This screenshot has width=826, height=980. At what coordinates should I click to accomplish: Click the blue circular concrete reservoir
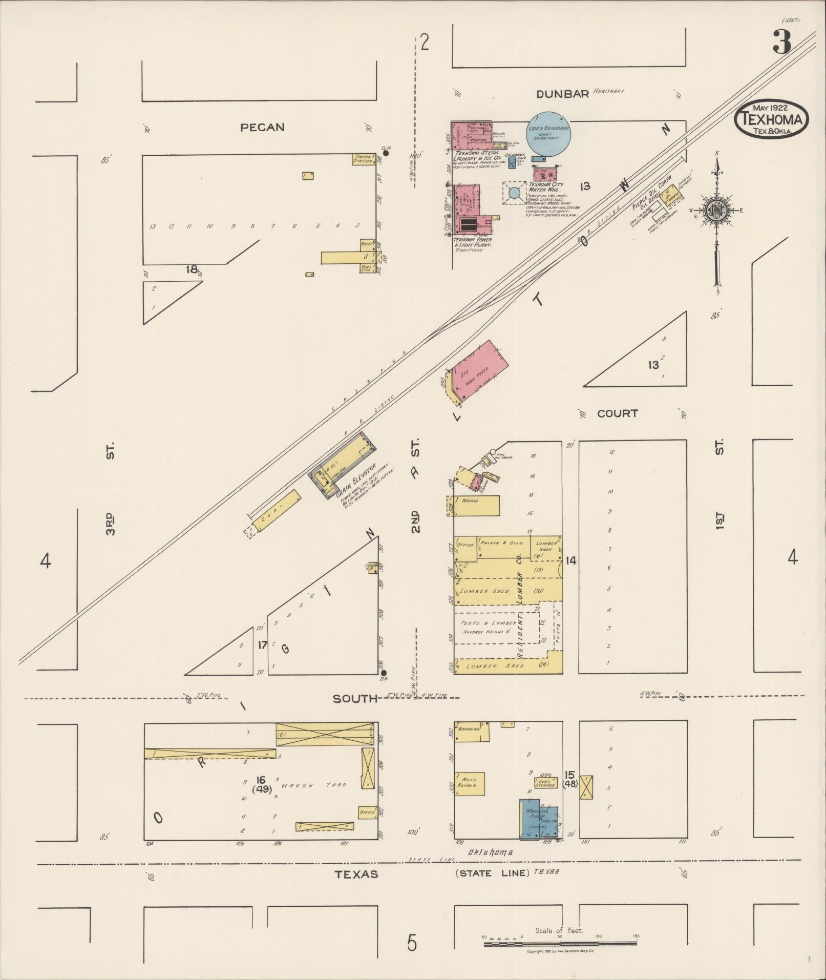[x=548, y=135]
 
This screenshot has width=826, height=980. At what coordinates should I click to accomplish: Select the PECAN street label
[x=262, y=128]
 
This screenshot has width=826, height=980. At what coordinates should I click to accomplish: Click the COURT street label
[x=617, y=413]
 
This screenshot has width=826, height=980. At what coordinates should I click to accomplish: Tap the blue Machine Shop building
[x=538, y=819]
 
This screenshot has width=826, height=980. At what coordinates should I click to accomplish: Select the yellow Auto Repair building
[x=470, y=784]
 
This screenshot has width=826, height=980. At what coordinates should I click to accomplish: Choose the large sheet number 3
[x=782, y=42]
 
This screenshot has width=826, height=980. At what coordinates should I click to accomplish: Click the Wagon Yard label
[x=313, y=785]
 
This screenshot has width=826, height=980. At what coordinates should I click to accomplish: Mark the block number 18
[x=192, y=269]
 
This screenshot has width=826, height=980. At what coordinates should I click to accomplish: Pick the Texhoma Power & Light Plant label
[x=473, y=242]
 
